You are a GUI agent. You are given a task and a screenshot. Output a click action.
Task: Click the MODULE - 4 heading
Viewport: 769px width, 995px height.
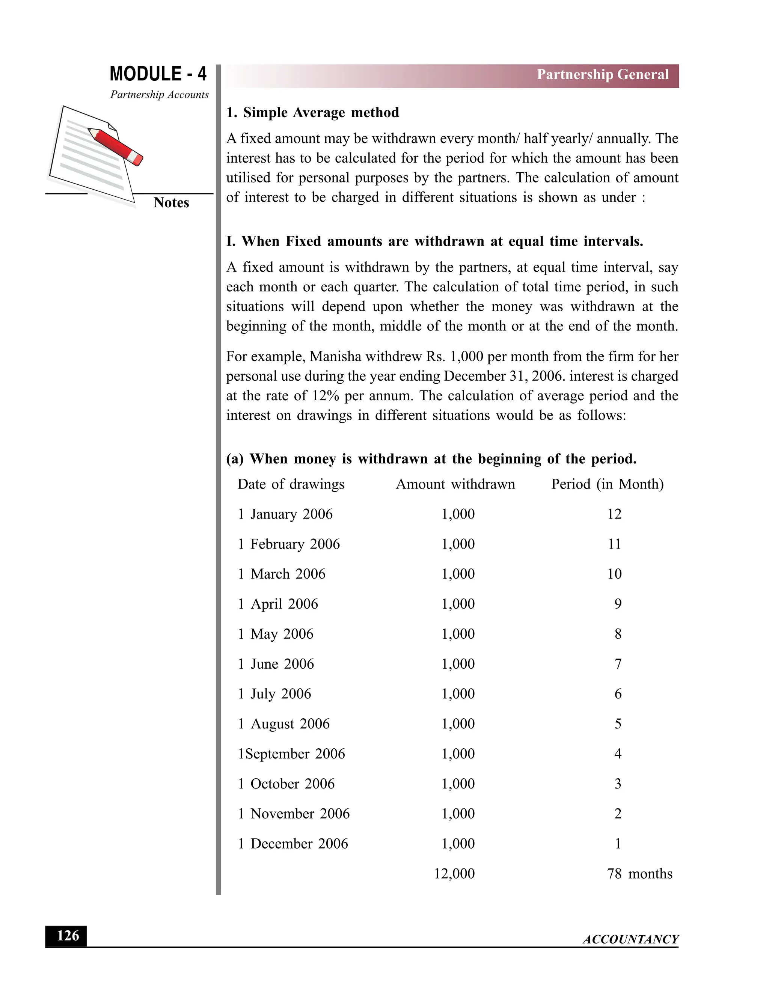coord(158,74)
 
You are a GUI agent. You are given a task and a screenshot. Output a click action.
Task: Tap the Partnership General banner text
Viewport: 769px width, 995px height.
coord(602,75)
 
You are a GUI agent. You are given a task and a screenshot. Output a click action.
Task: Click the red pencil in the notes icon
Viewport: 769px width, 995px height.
coord(116,147)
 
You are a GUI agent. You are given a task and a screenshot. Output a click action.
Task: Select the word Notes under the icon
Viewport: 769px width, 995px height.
coord(171,203)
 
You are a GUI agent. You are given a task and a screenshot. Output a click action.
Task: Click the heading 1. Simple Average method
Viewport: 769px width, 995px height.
coord(312,113)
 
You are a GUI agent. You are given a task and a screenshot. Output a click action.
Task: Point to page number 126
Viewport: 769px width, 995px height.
coord(68,936)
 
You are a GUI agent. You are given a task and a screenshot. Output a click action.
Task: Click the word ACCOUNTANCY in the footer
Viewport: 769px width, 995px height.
coord(630,939)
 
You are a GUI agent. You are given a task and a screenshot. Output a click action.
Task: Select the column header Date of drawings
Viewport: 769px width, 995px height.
coord(291,484)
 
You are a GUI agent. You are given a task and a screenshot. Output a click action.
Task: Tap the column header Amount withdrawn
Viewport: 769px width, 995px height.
coord(455,484)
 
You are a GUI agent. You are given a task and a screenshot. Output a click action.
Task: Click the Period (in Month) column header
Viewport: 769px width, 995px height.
coord(607,484)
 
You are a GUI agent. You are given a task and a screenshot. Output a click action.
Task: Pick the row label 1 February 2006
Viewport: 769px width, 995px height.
coord(289,544)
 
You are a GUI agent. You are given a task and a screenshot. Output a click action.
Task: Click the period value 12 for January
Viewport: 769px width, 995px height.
coord(614,514)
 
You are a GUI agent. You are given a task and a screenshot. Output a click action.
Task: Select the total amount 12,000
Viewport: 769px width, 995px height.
coord(454,874)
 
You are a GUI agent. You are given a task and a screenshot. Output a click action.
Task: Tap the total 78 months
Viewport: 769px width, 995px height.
coord(639,874)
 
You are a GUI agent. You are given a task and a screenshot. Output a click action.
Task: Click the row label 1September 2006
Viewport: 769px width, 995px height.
coord(291,754)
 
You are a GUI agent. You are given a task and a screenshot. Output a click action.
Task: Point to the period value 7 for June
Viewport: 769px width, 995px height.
coord(618,664)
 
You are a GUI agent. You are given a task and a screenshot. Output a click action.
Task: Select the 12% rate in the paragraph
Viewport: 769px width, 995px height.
coord(325,396)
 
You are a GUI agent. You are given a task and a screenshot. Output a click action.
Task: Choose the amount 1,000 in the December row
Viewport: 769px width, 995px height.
coord(458,844)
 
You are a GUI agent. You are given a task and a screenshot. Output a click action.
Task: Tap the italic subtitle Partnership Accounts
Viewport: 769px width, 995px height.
coord(160,95)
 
